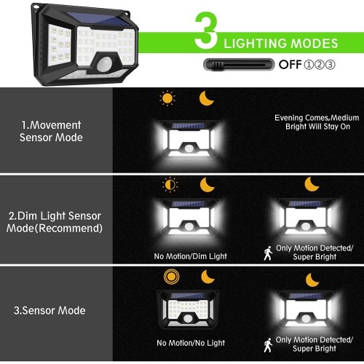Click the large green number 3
click(206, 31)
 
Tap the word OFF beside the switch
click(290, 65)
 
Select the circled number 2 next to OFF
click(320, 65)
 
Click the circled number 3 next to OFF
click(331, 65)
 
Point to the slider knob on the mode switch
click(218, 65)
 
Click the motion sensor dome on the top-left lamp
click(104, 64)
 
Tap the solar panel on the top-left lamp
click(100, 20)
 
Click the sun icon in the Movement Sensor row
click(167, 98)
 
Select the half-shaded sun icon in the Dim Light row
click(170, 185)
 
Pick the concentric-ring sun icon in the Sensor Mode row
click(171, 276)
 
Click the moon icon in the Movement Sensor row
click(206, 98)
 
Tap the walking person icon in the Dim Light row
click(268, 253)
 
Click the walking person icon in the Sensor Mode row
click(268, 345)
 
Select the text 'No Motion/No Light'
click(191, 343)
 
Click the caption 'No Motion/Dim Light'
click(191, 256)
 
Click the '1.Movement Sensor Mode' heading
click(51, 131)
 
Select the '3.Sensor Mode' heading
click(50, 311)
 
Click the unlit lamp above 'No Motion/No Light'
click(188, 309)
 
